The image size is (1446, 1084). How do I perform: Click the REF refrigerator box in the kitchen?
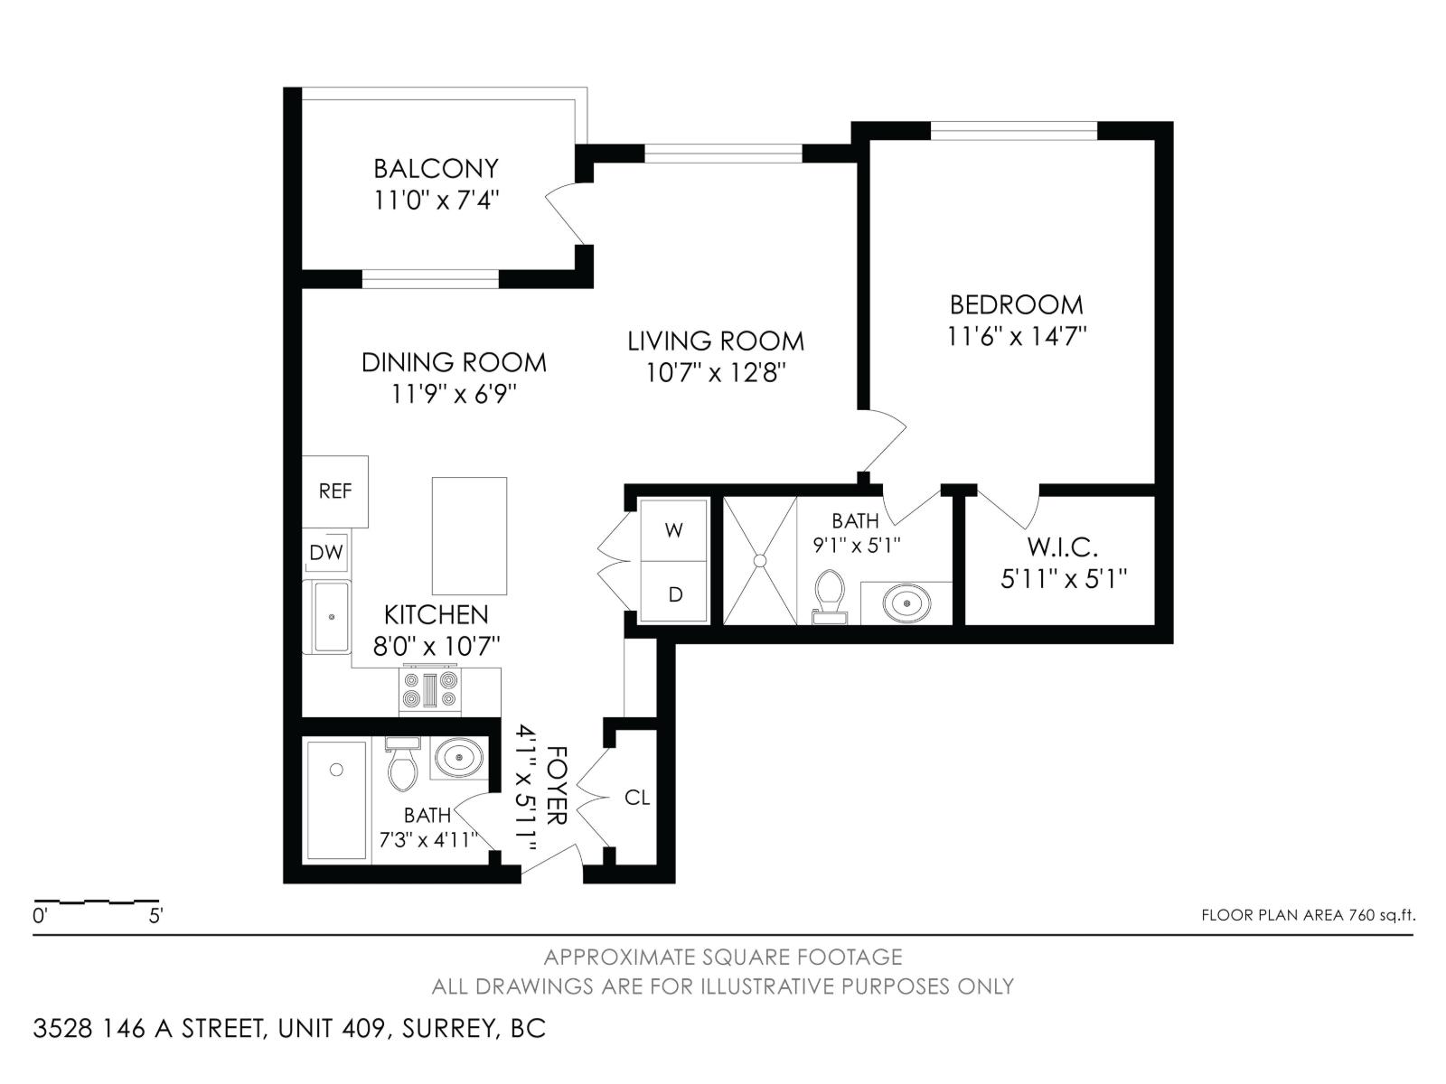pos(334,491)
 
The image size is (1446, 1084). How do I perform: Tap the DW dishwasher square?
pos(326,552)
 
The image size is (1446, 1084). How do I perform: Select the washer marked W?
pos(673,530)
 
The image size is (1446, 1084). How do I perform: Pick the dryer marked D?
pos(673,592)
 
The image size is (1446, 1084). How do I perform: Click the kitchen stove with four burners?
pos(429,691)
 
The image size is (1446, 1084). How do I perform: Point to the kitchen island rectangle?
pos(469,537)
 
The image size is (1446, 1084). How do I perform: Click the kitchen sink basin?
pos(332,617)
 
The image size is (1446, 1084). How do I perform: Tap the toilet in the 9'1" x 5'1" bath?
pos(830,595)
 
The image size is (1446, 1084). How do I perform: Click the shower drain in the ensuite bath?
pos(759,561)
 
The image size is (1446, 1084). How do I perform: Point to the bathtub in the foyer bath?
pos(336,800)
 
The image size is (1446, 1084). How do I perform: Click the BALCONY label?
pos(437,169)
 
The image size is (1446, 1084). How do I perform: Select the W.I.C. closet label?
pos(1062,547)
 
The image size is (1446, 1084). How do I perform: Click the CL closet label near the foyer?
pos(636,798)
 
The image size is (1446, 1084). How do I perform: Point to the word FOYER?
pos(557,785)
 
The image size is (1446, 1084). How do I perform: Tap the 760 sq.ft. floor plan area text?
pos(1380,915)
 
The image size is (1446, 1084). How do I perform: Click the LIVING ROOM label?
pos(716,341)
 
